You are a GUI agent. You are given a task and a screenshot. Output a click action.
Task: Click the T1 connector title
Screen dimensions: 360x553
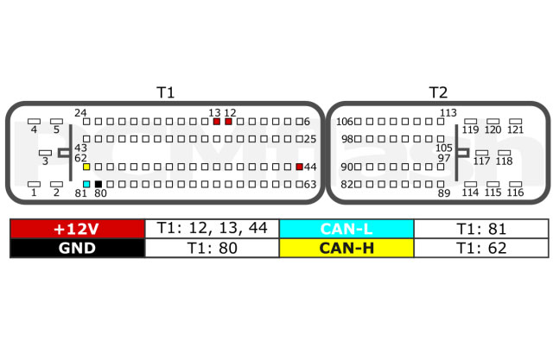(165, 92)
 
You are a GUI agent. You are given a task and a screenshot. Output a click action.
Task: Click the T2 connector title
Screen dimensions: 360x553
(438, 92)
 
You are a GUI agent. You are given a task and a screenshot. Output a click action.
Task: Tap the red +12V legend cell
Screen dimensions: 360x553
(76, 229)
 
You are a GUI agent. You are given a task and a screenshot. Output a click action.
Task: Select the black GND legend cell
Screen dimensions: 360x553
(76, 248)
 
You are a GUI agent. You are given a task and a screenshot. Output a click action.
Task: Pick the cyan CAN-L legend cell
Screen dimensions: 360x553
(346, 229)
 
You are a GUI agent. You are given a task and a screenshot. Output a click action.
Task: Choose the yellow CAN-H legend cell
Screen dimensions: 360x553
(346, 248)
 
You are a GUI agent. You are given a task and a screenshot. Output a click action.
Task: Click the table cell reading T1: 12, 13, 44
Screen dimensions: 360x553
(212, 229)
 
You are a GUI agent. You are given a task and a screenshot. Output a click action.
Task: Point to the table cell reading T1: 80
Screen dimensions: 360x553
(212, 248)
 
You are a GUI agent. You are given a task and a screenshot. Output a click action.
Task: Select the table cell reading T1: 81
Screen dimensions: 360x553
(480, 229)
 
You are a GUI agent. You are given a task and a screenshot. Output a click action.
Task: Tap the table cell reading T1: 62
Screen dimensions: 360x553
(480, 248)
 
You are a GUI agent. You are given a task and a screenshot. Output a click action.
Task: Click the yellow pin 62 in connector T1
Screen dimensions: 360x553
(86, 166)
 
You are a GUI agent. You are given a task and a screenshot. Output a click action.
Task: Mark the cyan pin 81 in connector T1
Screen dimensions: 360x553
(86, 184)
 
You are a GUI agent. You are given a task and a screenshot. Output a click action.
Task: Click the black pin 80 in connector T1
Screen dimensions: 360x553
(99, 184)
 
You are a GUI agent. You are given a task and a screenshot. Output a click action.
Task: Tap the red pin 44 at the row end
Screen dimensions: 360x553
(299, 166)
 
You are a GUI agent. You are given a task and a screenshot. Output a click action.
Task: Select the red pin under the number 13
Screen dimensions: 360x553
(217, 122)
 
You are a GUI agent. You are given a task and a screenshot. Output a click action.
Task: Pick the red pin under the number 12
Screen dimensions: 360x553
(228, 122)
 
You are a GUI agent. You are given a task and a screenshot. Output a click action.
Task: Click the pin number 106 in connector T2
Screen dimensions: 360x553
(345, 122)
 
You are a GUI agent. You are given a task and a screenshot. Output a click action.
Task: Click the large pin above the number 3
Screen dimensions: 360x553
(45, 153)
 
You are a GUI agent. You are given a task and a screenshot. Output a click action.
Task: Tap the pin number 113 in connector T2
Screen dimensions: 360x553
(448, 112)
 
